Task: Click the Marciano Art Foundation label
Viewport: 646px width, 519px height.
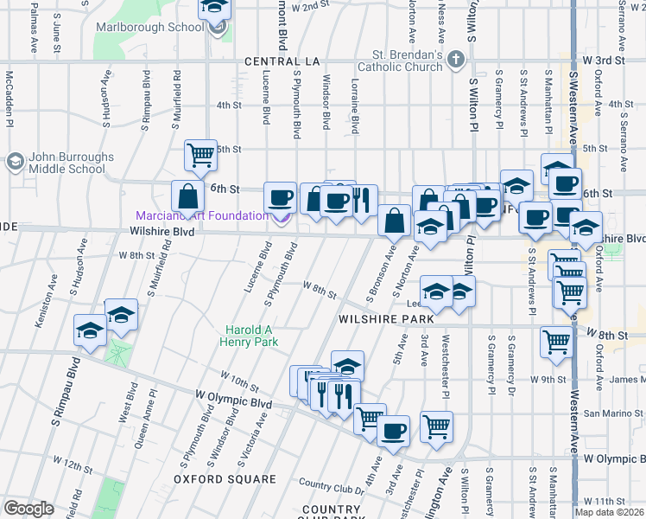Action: (x=201, y=215)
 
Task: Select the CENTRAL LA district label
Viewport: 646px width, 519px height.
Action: (x=282, y=61)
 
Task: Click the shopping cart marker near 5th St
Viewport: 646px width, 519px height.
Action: (x=200, y=156)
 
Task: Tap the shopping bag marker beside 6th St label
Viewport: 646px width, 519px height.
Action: (x=187, y=195)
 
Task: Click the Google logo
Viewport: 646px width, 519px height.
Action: (x=28, y=509)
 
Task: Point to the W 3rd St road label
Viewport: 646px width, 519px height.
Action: (x=603, y=61)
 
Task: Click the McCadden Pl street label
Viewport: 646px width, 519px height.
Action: (x=9, y=94)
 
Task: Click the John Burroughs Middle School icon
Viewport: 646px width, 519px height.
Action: (x=15, y=162)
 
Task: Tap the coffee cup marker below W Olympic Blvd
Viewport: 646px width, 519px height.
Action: (x=394, y=431)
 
